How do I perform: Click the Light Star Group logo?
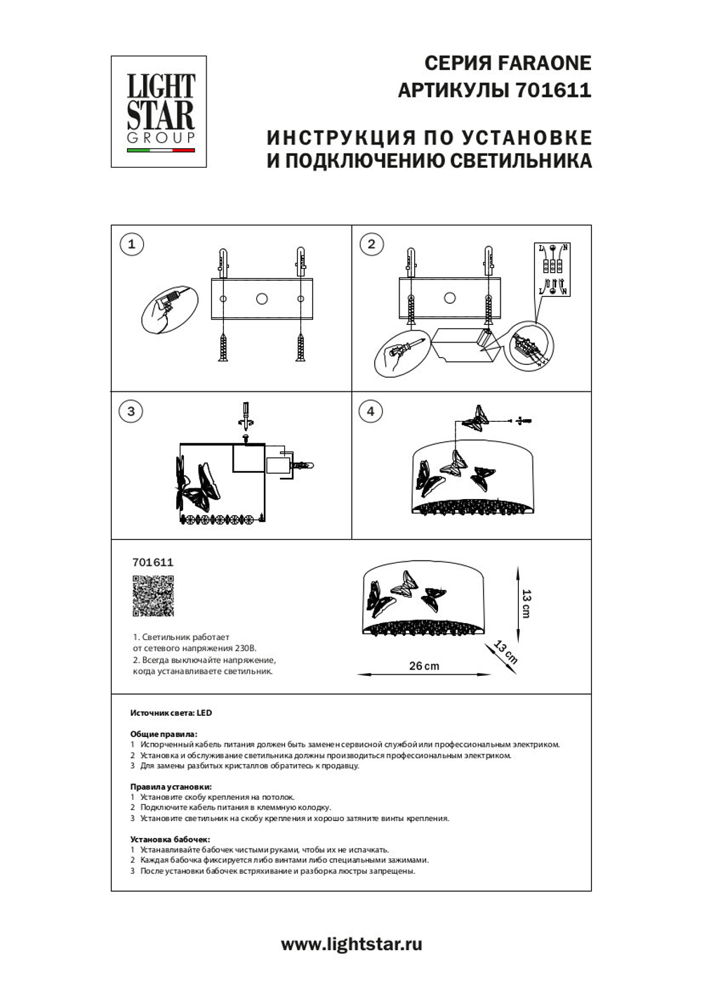(159, 112)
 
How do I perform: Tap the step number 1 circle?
(131, 244)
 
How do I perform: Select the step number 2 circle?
(371, 244)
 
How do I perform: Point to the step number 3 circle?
(131, 411)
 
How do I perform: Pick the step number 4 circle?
(371, 411)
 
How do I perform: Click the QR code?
(153, 596)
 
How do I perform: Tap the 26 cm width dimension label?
(424, 666)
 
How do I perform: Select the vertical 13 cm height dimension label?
(526, 603)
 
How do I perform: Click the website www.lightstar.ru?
(352, 945)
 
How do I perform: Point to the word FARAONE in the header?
(544, 63)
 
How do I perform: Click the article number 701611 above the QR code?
(153, 562)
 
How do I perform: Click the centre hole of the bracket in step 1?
(262, 299)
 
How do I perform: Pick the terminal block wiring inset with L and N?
(554, 269)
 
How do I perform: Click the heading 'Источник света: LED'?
(171, 713)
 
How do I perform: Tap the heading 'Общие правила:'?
(164, 734)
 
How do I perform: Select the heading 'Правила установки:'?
(171, 787)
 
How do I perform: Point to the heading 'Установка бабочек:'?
(170, 839)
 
